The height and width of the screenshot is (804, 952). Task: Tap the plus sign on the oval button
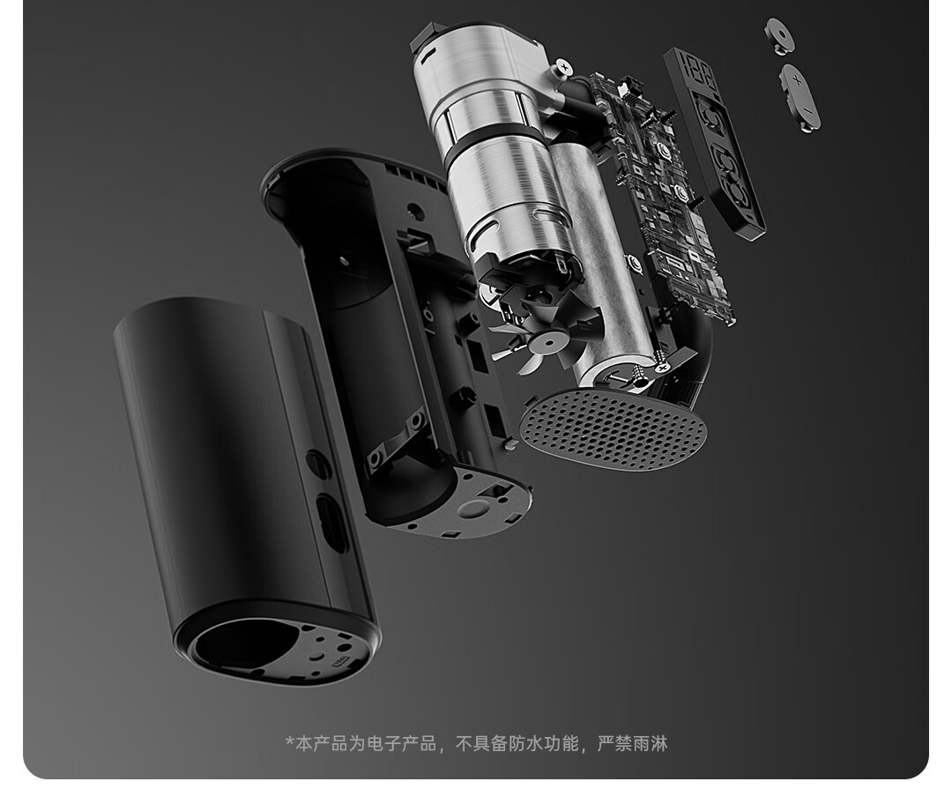pos(797,79)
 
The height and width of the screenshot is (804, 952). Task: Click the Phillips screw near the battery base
pos(661,367)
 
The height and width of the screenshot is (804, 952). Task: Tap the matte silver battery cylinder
pos(602,267)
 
